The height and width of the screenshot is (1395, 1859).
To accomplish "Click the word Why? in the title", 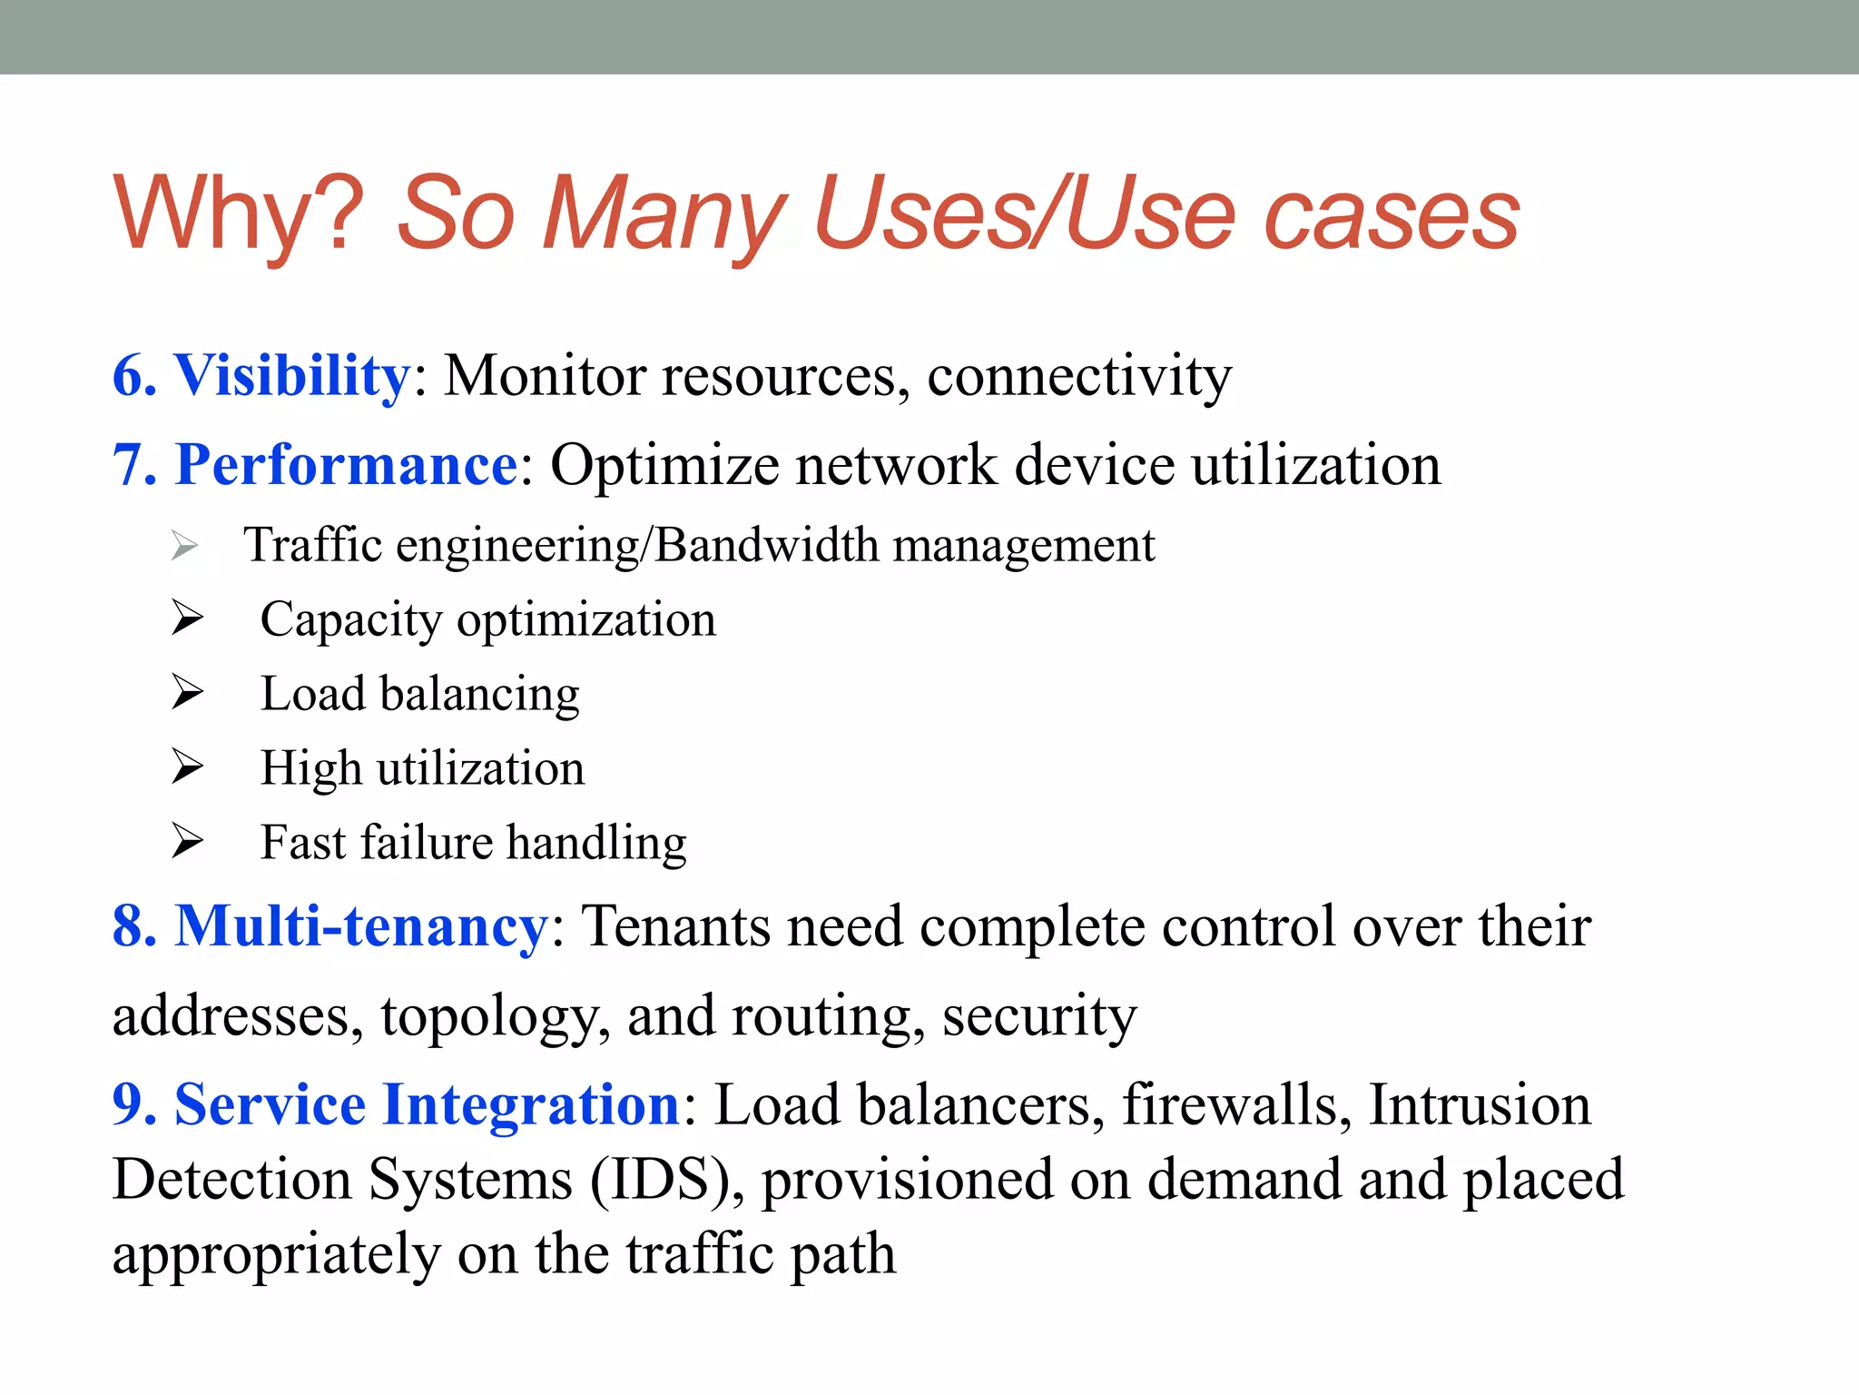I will [x=238, y=213].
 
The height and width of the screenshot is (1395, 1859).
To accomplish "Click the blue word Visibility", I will [x=292, y=375].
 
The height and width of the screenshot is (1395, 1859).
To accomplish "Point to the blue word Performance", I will [x=346, y=465].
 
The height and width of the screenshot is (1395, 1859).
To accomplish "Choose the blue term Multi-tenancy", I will [x=361, y=926].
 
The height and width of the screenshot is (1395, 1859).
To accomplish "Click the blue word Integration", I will [x=531, y=1105].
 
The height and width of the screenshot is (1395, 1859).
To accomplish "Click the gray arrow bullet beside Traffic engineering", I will [x=185, y=546].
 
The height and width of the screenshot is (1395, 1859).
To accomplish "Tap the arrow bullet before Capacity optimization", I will [x=187, y=618].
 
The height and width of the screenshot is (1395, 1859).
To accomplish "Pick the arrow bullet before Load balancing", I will [x=187, y=693].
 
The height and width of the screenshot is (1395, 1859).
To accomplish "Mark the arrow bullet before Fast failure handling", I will [x=187, y=841].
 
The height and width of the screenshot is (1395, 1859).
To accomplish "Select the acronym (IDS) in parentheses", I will [x=662, y=1180].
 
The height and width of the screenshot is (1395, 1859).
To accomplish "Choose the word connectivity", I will [x=1079, y=375].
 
